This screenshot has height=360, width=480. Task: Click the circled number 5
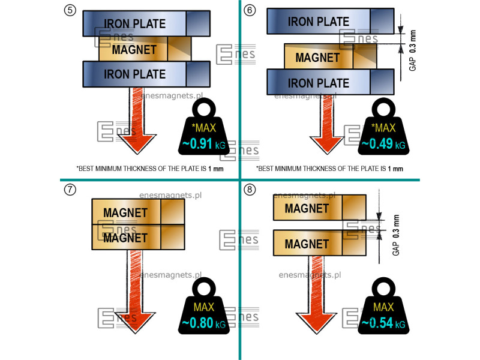(70, 10)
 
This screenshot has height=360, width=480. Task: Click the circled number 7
(70, 190)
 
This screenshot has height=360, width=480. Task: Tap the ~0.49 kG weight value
(383, 144)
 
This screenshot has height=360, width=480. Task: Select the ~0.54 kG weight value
(383, 324)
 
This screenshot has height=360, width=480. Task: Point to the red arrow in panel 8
(316, 294)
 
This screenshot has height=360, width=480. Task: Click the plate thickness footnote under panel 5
(150, 169)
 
